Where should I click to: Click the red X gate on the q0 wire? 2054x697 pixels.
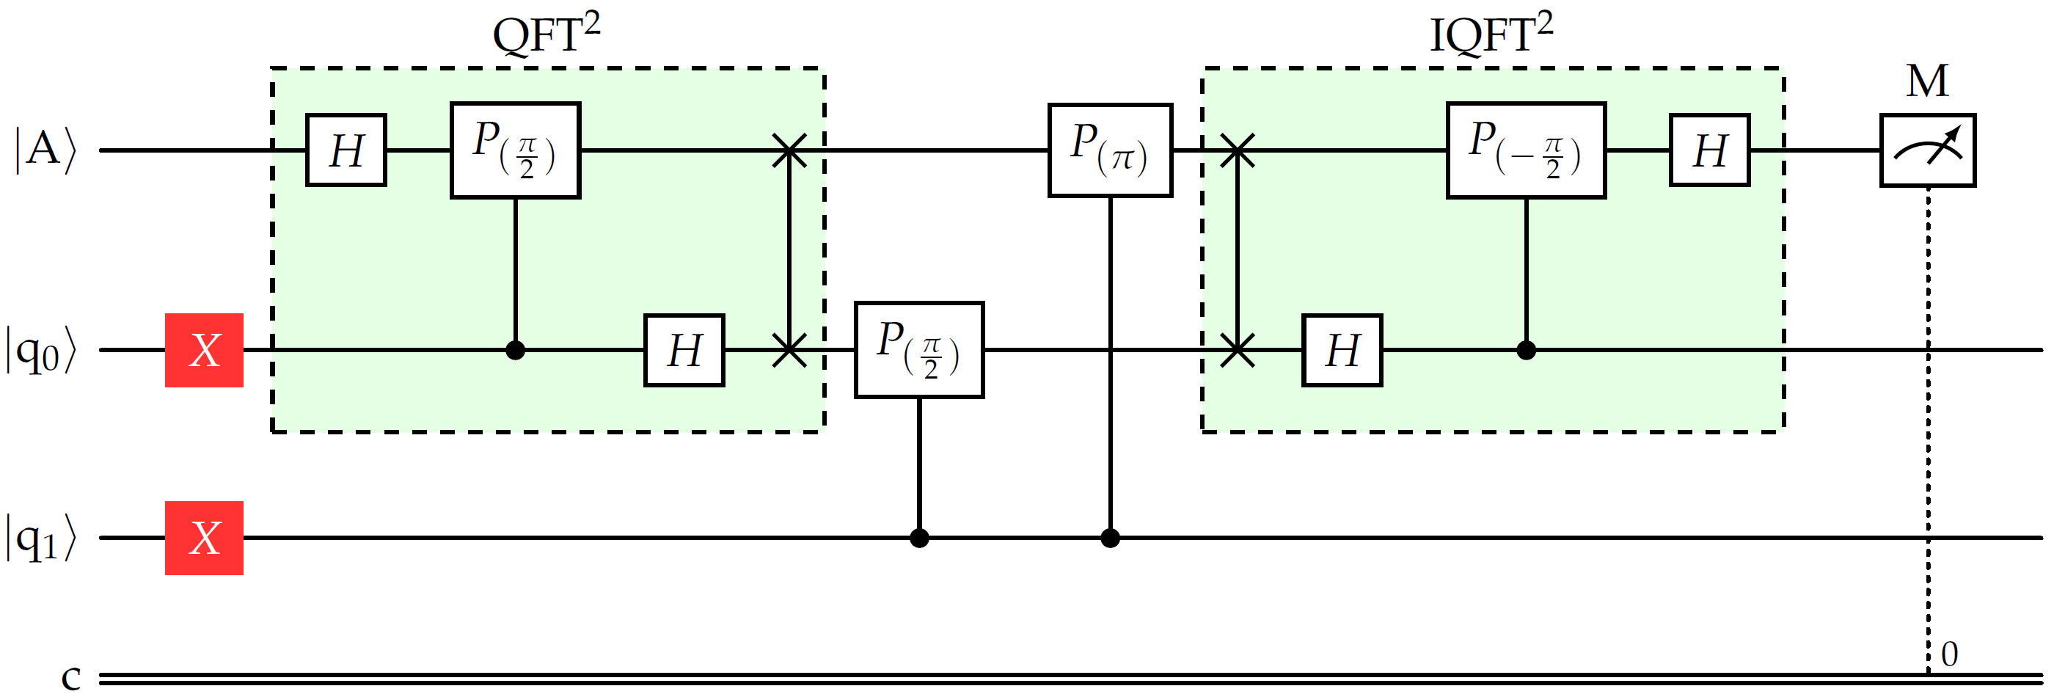(204, 350)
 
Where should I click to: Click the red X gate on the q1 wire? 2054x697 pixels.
(204, 538)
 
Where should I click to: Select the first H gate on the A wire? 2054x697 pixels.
(346, 150)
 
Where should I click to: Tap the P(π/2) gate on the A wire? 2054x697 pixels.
(515, 150)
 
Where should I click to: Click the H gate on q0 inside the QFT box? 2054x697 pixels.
(684, 350)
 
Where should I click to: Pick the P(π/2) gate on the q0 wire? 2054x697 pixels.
(918, 349)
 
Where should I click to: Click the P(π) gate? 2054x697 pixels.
(1110, 150)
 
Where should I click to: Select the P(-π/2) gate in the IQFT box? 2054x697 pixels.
(1525, 150)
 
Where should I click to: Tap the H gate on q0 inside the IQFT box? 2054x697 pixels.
(1342, 350)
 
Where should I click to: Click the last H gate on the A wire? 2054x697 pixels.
(1709, 150)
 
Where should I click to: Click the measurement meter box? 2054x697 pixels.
(1927, 150)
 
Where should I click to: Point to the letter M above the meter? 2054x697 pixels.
(1927, 81)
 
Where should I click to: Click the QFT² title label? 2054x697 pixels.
(547, 34)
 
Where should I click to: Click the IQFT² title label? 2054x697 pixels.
(1491, 34)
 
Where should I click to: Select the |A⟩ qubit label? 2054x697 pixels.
(45, 150)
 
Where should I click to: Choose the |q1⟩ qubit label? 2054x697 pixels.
(42, 539)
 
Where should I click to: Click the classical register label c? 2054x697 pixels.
(71, 678)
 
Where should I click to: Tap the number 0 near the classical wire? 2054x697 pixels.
(1949, 654)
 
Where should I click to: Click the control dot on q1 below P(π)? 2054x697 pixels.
(1110, 539)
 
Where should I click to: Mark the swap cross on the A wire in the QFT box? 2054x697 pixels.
(789, 150)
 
